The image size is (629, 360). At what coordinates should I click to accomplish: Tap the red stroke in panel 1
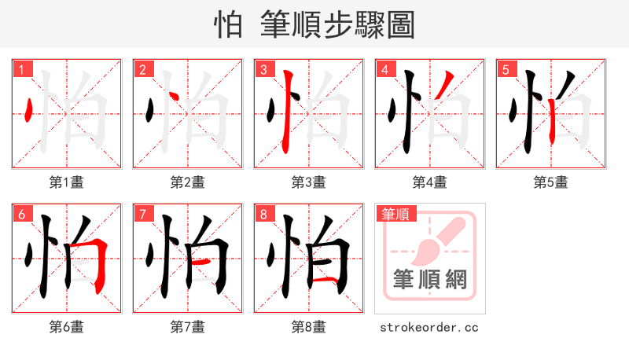[x=28, y=111]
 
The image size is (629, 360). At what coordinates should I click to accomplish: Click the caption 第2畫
[x=187, y=182]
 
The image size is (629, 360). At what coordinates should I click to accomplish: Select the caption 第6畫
[x=66, y=326]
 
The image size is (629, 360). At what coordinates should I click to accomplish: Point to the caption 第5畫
[x=550, y=182]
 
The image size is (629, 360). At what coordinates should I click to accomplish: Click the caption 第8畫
[x=308, y=326]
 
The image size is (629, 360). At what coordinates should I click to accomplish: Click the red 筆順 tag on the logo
[x=397, y=214]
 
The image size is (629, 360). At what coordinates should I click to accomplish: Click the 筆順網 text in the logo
[x=430, y=279]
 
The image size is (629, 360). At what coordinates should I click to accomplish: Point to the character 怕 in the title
[x=228, y=25]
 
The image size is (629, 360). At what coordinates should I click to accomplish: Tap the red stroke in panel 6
[x=100, y=263]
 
